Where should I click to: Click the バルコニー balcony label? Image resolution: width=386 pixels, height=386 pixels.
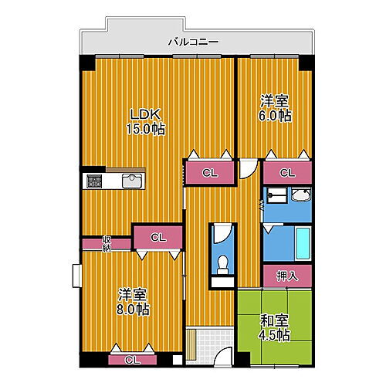tap(193, 42)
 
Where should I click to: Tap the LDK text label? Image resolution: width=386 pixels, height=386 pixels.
tap(144, 115)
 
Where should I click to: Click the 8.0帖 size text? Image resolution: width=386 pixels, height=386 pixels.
tap(133, 309)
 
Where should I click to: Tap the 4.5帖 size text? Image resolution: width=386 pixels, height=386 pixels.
tap(274, 336)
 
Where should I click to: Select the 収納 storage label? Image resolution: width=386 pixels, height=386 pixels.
tap(107, 243)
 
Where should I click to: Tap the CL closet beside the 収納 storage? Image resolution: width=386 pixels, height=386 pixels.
tap(157, 237)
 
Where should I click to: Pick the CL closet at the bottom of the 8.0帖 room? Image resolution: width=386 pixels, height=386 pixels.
tap(132, 359)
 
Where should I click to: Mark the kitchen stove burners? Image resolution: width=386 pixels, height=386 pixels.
tap(94, 182)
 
